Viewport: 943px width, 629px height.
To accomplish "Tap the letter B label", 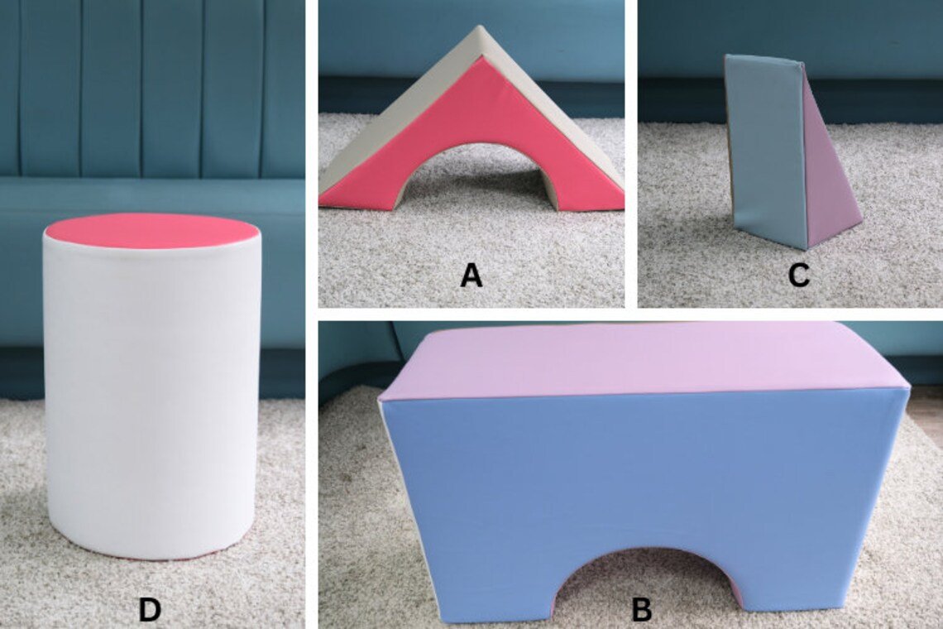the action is pos(642,609).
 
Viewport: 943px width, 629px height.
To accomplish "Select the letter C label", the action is pos(798,276).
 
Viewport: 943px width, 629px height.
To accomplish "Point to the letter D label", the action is pos(150,609).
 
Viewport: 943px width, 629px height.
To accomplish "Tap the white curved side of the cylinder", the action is pos(151,397).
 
